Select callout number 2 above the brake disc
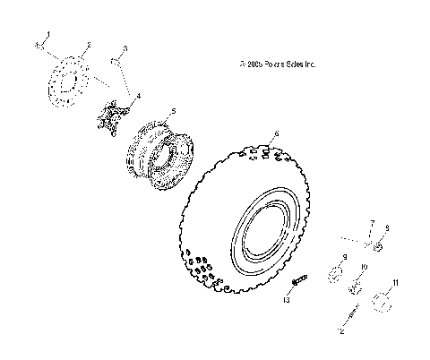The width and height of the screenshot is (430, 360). [x=89, y=44]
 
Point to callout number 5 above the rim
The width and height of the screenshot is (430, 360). [x=173, y=111]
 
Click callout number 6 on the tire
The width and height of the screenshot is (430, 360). [x=277, y=133]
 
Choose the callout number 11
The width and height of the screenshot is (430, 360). [x=397, y=282]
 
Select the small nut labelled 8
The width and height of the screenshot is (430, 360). [x=379, y=246]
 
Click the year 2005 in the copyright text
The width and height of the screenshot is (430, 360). [x=254, y=64]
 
